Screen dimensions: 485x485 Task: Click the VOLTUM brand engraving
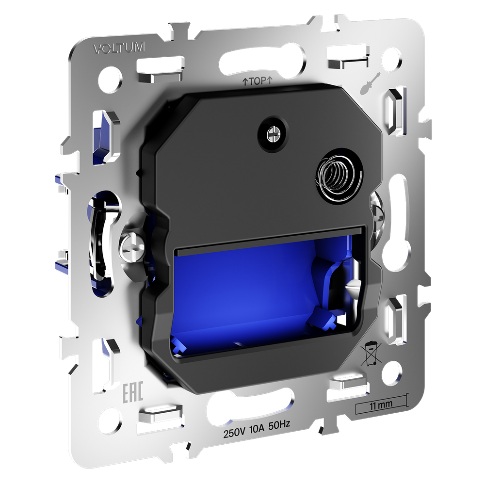point(119,48)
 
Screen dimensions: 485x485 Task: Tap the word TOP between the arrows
point(258,81)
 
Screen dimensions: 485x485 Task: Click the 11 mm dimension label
point(381,404)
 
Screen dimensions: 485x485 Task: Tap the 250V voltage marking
point(234,433)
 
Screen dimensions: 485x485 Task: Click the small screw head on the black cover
point(273,134)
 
